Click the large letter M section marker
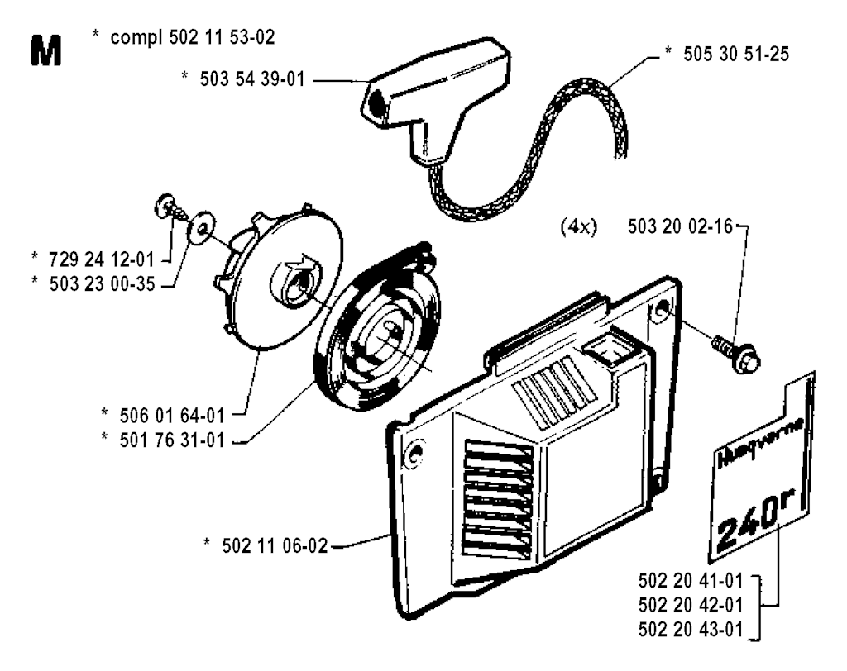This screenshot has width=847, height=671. pos(46,50)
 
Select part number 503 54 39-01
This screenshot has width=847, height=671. pos(252,79)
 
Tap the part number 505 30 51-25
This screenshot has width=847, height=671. pos(735,54)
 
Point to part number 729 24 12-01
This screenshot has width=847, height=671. pos(102,259)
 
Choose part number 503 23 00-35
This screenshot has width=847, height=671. pos(102,284)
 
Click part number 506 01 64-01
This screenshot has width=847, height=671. pos(172,416)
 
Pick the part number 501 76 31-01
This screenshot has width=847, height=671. pos(172,440)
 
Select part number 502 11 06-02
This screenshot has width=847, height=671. pos(275,545)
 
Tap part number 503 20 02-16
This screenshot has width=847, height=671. pos(680,226)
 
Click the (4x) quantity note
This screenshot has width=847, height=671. pos(579,227)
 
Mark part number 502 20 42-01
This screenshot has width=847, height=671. pos(691,605)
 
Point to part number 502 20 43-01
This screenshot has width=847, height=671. pos(691,630)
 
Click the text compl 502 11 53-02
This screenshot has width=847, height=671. pos(192,37)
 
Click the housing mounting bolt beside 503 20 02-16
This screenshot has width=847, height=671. pos(736,354)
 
